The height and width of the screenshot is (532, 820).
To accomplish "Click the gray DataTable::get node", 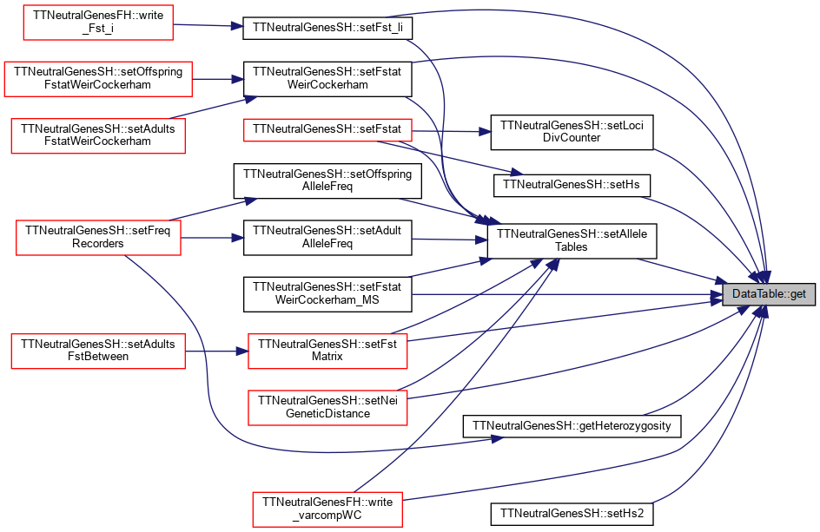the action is point(768,294).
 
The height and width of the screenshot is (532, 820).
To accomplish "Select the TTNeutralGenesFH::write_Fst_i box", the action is point(98,23).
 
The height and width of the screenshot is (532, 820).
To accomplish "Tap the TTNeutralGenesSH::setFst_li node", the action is point(327,28).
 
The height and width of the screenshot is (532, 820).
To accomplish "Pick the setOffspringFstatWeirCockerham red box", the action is point(98,79).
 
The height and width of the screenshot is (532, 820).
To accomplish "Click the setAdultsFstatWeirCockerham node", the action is point(98,135).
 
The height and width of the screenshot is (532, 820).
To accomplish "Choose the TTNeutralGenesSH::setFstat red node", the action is point(327,129).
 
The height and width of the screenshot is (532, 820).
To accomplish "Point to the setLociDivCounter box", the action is point(572,132).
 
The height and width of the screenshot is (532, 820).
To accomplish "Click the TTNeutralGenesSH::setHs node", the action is point(572,185).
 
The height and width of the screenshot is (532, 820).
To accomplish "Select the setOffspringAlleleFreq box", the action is point(327,181).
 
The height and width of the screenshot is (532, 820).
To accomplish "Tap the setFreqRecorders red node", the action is point(98,238).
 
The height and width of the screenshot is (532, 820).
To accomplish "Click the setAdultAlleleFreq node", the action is point(327,238).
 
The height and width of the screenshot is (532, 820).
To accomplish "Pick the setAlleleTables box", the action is point(572,241).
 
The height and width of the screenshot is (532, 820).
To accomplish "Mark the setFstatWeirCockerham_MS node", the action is point(327,294).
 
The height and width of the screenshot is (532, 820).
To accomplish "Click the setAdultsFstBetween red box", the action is point(98,351).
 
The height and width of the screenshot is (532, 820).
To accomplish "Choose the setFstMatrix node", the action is point(327,351).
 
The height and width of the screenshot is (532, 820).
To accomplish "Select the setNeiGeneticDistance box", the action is point(327,407).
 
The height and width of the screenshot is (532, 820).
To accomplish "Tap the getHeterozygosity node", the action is point(572,426).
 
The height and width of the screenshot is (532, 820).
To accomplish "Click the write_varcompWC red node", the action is point(327,509).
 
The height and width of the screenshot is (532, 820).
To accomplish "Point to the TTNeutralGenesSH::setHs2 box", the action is point(572,514).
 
